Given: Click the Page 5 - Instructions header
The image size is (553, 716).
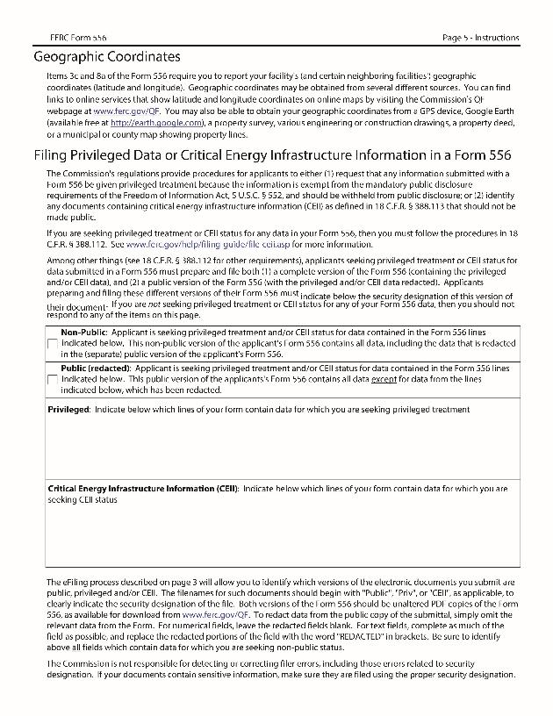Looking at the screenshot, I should point(480,38).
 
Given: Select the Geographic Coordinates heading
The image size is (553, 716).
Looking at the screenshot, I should point(107,57).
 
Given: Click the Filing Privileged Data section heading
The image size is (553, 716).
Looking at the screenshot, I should point(272,155).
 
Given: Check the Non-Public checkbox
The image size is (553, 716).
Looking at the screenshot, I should point(53,343).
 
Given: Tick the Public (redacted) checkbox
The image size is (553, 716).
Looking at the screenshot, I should point(53,379).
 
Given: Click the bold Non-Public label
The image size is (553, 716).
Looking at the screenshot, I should point(84,333).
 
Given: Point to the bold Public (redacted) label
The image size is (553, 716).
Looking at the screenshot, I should point(95,369).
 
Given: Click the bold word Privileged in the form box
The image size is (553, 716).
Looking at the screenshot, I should point(67,410).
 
